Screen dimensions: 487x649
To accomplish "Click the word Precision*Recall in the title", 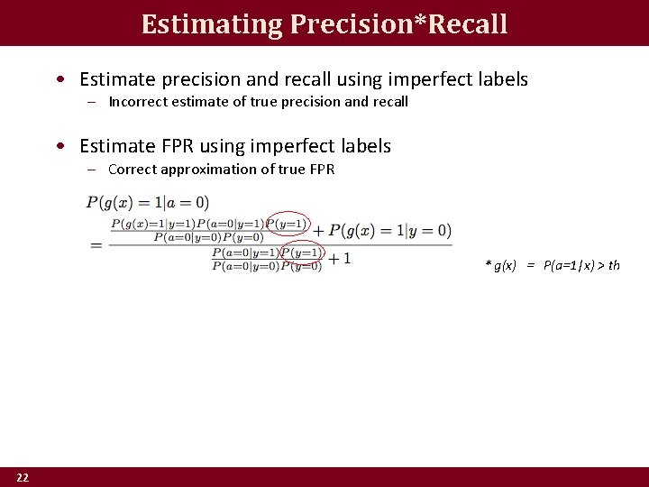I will (398, 24).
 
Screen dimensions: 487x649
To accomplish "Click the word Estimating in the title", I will (212, 24).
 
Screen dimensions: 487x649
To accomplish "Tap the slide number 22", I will (23, 477).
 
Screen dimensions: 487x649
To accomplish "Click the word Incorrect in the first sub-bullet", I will (135, 102).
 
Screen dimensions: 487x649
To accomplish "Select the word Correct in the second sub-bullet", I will (132, 170).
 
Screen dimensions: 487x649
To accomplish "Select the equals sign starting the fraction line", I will (96, 245).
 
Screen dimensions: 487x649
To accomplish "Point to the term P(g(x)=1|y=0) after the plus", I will (390, 231).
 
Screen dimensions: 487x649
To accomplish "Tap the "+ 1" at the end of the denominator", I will (340, 259).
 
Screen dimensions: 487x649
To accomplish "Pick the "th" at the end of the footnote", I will (614, 265).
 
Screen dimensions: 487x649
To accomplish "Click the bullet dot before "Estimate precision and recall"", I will (59, 79).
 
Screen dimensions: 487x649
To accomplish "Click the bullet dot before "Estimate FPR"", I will (59, 146).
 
